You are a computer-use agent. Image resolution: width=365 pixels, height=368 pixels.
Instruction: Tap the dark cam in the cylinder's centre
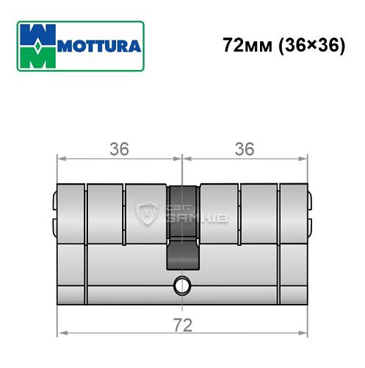(x=183, y=228)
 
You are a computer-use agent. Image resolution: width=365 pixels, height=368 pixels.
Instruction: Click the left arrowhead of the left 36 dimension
(x=60, y=158)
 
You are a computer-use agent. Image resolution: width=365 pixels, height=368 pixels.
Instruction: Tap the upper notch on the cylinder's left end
(x=54, y=198)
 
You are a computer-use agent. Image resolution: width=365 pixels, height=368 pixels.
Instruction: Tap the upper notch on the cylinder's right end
(x=311, y=198)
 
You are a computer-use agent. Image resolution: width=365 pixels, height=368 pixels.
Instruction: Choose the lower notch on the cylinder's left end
(x=54, y=220)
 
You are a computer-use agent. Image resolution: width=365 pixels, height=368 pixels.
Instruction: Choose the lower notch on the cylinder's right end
(x=311, y=220)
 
